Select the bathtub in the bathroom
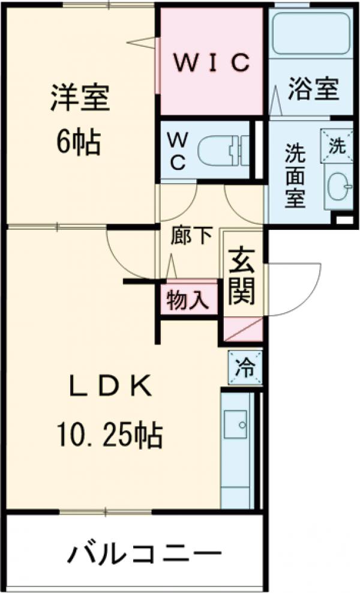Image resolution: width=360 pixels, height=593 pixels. pos(311,33)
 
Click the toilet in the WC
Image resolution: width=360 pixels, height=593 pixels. pos(222,150)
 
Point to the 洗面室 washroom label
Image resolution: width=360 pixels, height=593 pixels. pos(295,174)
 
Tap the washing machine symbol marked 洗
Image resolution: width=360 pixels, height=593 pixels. pos(337,145)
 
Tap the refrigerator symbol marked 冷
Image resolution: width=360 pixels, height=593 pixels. pos(245,366)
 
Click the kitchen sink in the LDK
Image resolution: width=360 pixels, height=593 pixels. pos(236,425)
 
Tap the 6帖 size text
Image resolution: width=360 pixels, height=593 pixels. pos(78,142)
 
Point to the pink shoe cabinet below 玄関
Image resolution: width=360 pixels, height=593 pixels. pos(243,329)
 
